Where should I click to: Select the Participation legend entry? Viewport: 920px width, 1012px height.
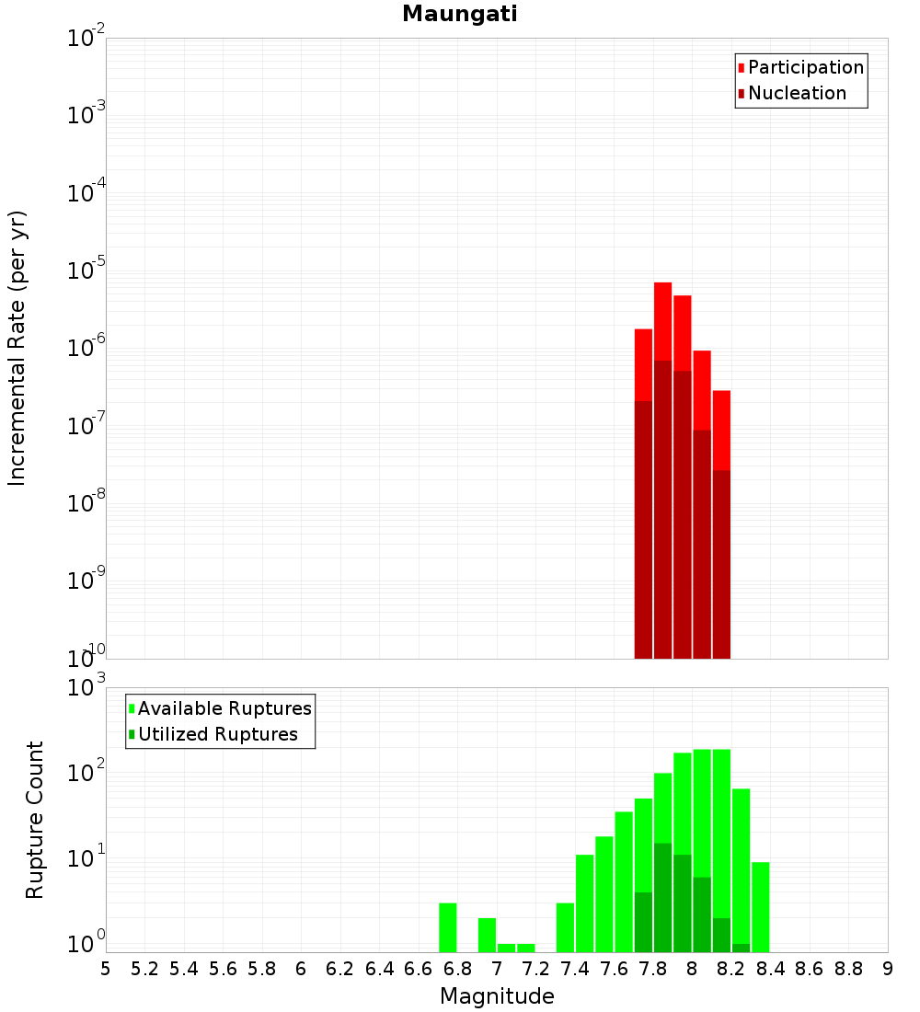805,67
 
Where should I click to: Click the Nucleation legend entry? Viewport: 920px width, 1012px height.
796,93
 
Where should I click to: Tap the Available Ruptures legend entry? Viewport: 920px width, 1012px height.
224,708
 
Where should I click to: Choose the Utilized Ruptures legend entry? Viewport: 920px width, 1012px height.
217,734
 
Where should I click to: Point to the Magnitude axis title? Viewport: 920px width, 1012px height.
497,996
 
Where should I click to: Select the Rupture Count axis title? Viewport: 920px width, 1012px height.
35,820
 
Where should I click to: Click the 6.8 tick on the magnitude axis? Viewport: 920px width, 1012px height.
457,969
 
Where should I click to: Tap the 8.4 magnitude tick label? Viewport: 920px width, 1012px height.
770,969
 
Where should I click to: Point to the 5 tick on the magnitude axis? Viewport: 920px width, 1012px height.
106,969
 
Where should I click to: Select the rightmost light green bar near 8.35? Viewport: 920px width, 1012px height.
761,906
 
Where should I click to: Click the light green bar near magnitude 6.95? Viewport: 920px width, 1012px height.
487,935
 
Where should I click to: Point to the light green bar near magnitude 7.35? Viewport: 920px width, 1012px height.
565,927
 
